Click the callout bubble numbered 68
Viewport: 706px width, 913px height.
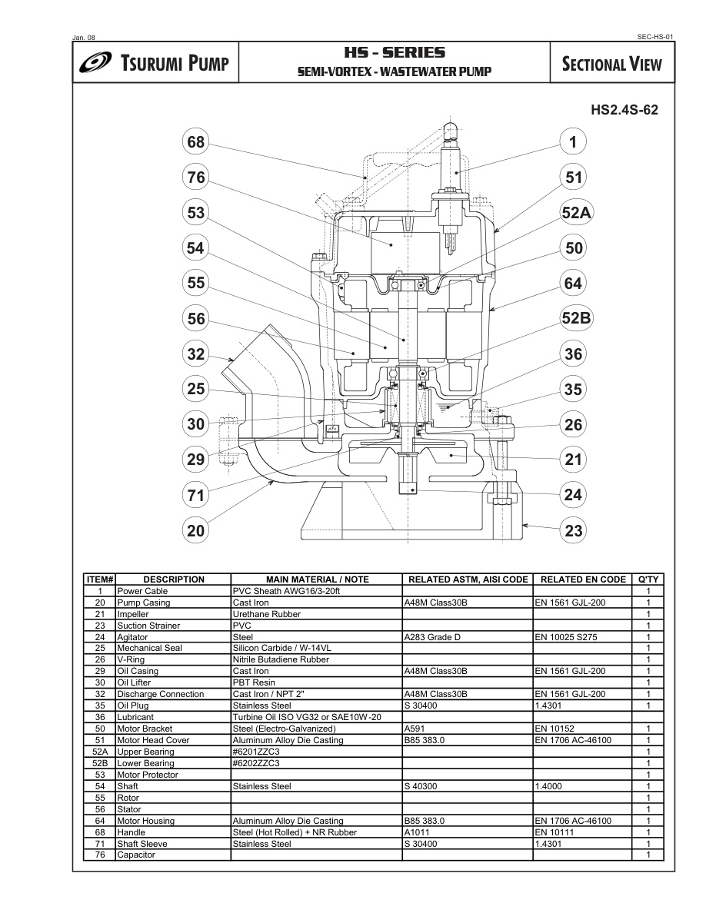(x=195, y=141)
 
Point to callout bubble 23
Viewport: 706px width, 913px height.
(x=573, y=530)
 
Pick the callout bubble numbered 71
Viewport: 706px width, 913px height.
(x=195, y=495)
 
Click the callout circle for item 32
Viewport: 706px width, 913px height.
(x=195, y=354)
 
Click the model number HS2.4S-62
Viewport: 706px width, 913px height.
(x=624, y=110)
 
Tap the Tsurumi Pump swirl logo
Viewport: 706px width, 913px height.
(x=97, y=62)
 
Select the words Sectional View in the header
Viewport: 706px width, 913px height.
(x=611, y=64)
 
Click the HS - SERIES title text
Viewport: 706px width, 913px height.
(x=395, y=53)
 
